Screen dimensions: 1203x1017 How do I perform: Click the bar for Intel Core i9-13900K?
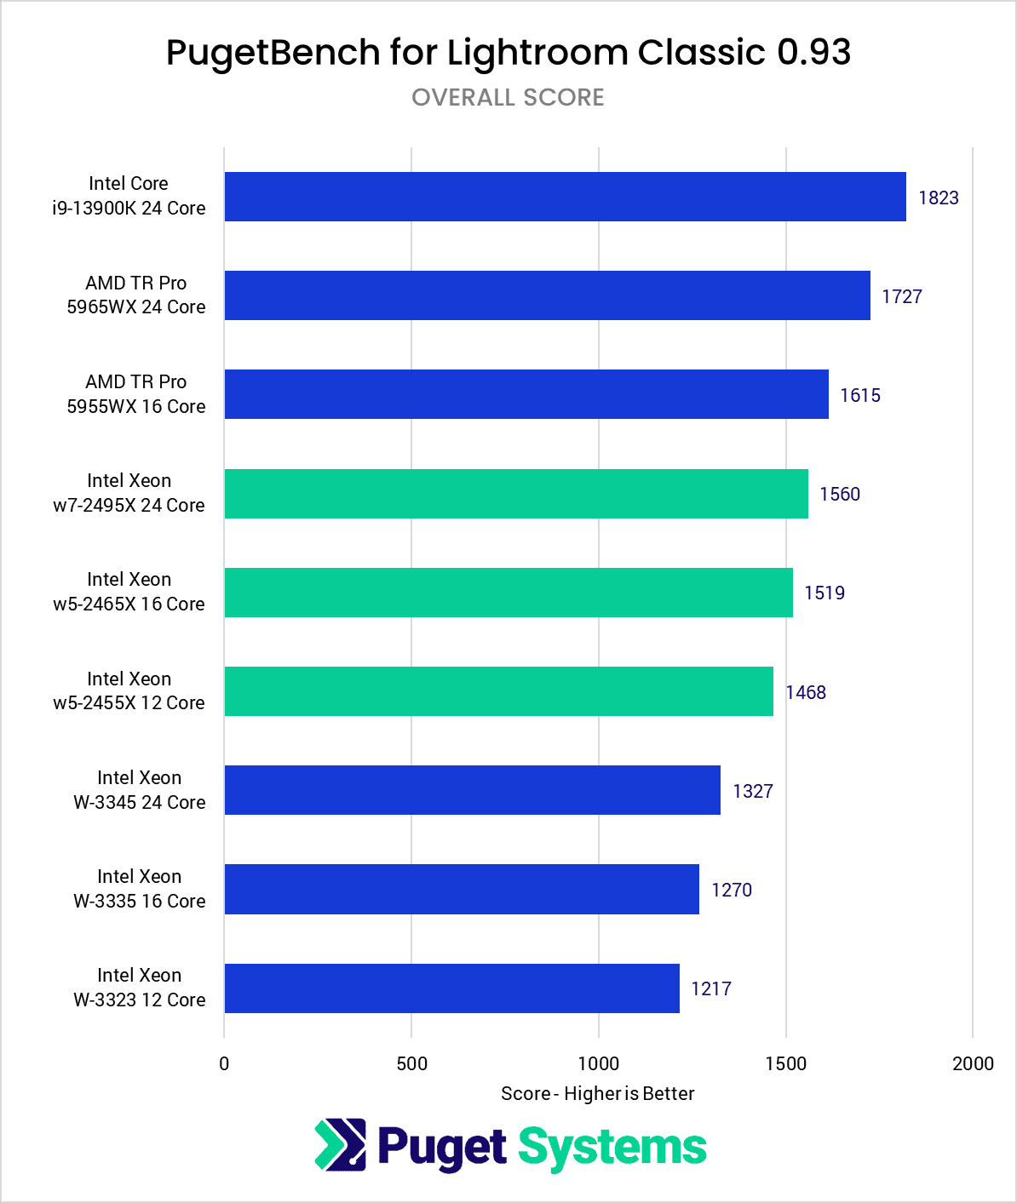[565, 197]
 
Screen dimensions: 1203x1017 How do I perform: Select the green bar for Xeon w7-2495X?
[516, 494]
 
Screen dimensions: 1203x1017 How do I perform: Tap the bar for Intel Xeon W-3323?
[451, 988]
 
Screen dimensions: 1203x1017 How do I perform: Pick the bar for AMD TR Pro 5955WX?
[526, 394]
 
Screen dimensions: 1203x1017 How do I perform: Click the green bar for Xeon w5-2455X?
[498, 691]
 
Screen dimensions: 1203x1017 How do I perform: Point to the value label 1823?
[938, 198]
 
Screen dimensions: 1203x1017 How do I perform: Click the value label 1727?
[901, 296]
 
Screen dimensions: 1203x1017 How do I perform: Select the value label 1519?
[824, 593]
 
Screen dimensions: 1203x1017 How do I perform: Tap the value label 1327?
[752, 791]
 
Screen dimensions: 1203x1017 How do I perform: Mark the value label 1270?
[731, 890]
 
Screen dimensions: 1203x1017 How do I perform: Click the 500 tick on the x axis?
[411, 1063]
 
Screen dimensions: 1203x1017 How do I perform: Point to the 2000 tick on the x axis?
[972, 1063]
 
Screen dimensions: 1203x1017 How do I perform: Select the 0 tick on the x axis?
[224, 1063]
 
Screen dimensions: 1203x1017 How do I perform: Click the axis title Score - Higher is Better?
[597, 1093]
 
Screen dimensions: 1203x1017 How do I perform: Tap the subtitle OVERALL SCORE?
[508, 98]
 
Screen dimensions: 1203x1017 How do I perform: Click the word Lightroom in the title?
[538, 53]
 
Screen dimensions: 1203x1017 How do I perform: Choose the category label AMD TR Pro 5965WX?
[136, 295]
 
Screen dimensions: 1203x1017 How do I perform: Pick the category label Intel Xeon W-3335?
[139, 889]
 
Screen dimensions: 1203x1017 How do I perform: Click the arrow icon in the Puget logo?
[340, 1145]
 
